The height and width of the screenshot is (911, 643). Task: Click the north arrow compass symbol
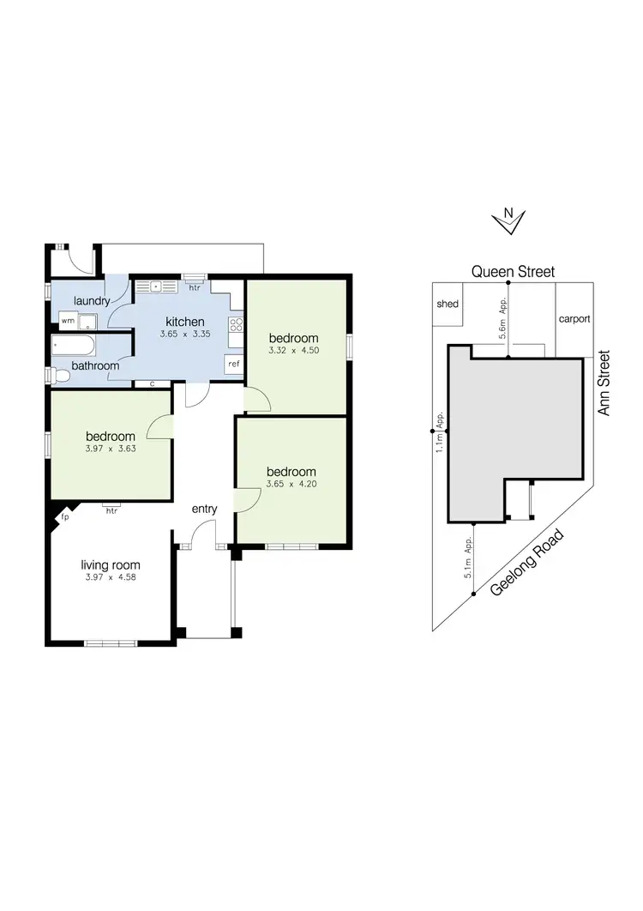508,220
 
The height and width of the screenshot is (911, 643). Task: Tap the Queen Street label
513,272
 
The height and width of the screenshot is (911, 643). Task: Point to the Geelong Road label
528,564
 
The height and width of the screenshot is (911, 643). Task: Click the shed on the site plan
448,304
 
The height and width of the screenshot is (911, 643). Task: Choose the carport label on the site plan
574,319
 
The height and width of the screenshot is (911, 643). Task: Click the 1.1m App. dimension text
439,432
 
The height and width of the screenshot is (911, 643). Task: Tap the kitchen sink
157,286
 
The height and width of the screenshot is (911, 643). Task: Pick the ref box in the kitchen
233,364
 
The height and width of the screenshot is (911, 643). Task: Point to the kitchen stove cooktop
236,324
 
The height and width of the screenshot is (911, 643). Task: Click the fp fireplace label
64,518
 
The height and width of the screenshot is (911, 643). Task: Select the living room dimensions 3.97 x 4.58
110,577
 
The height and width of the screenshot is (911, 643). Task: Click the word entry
204,509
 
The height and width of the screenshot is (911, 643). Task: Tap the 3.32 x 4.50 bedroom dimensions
292,350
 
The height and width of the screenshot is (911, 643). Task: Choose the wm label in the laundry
66,320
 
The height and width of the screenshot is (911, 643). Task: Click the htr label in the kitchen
195,287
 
